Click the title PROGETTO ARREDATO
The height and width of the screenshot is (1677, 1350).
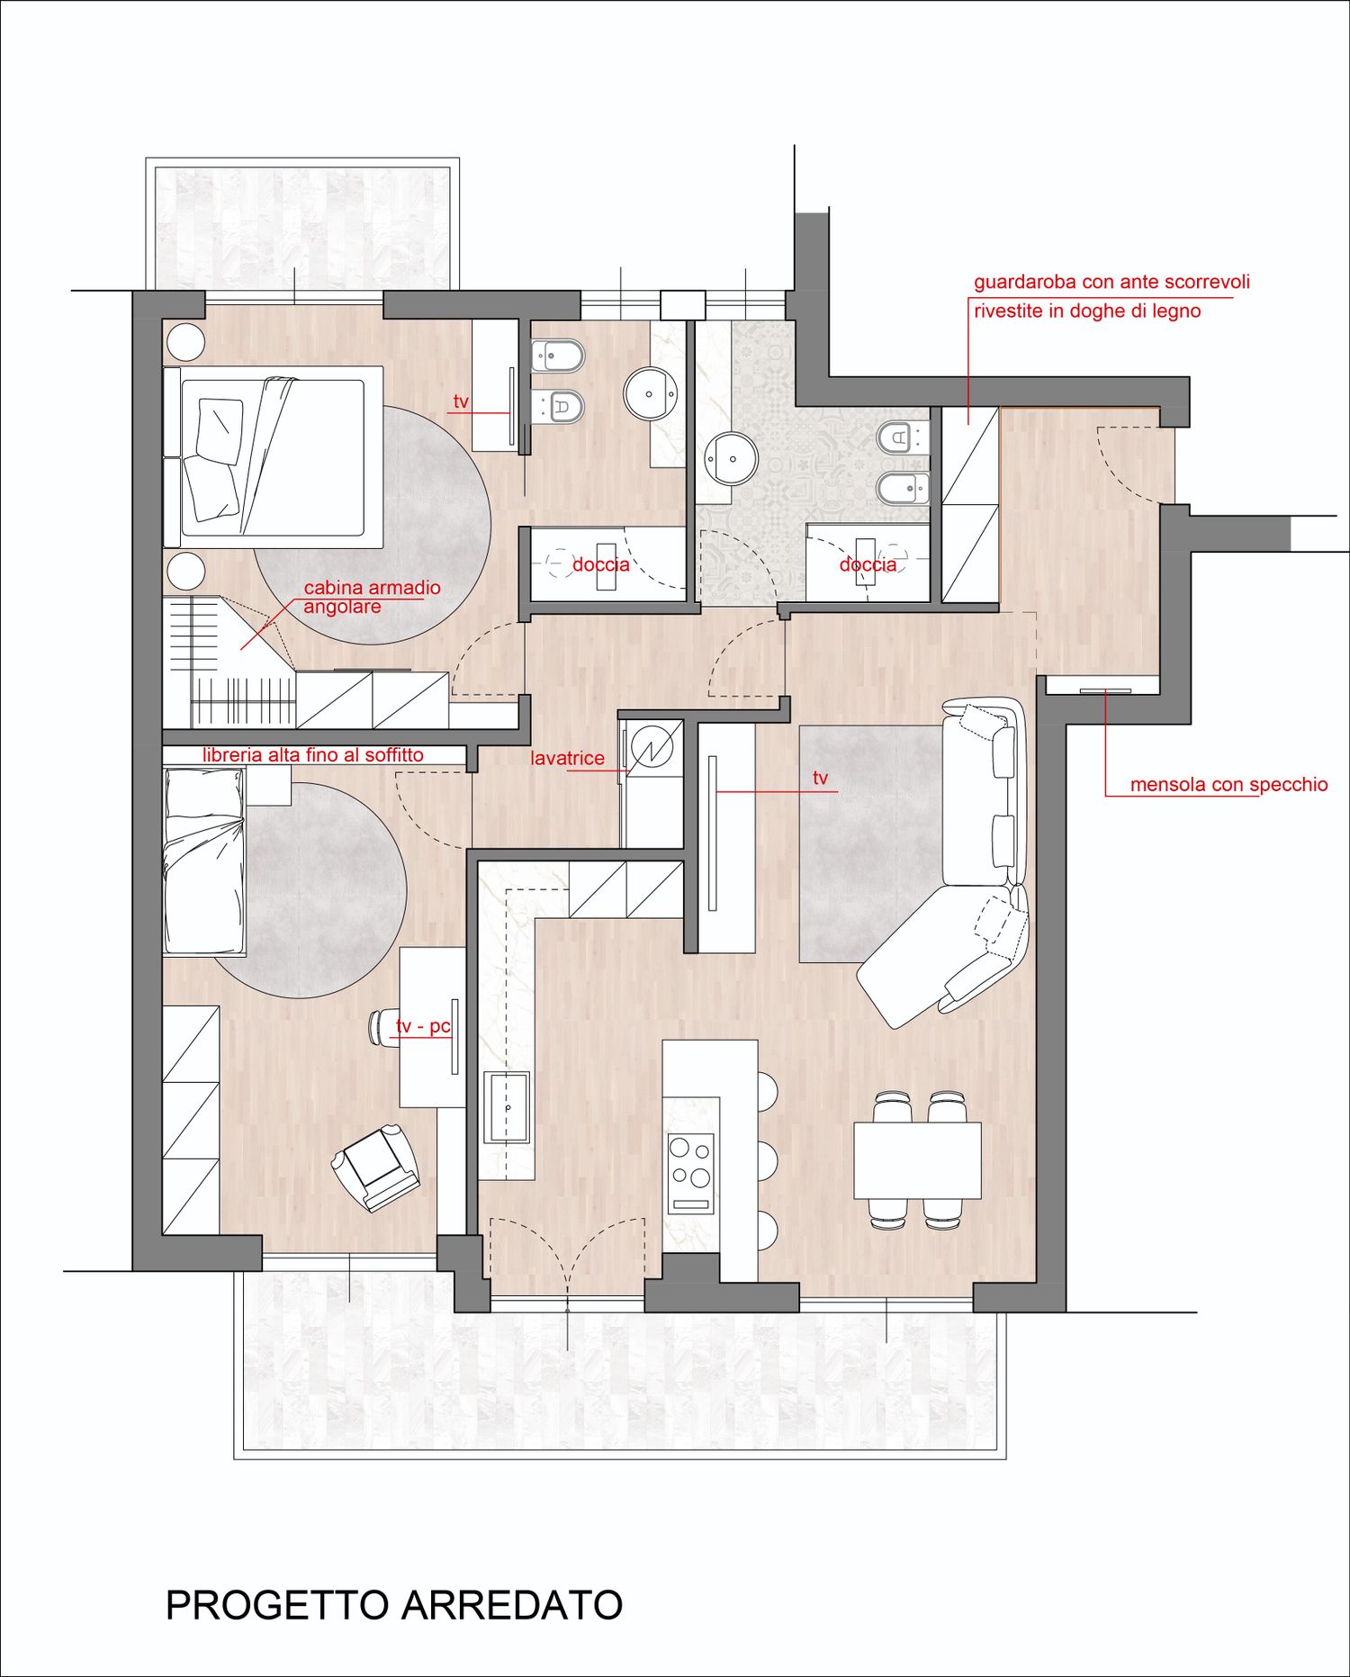(x=394, y=1605)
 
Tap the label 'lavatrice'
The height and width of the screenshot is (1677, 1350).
(x=567, y=758)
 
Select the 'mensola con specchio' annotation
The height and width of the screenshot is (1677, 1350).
(x=1228, y=784)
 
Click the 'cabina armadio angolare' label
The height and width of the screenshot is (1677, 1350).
(x=372, y=597)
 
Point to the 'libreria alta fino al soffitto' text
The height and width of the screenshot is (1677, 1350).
(x=313, y=754)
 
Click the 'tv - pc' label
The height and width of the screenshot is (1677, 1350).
(x=423, y=1026)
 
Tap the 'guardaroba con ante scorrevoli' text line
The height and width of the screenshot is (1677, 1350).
(x=1111, y=282)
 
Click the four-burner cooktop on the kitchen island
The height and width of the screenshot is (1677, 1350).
(x=690, y=1174)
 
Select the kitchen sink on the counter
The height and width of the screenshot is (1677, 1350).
(x=507, y=1107)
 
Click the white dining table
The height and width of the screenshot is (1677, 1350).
(x=917, y=1159)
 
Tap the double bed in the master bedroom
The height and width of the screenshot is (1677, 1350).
(x=274, y=457)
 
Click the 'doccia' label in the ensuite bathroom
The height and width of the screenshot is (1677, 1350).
(x=601, y=564)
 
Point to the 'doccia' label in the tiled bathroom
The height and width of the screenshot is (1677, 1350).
(x=868, y=564)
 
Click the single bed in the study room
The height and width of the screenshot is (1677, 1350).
(x=204, y=861)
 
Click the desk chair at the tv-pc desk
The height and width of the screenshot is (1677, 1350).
(x=382, y=1027)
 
